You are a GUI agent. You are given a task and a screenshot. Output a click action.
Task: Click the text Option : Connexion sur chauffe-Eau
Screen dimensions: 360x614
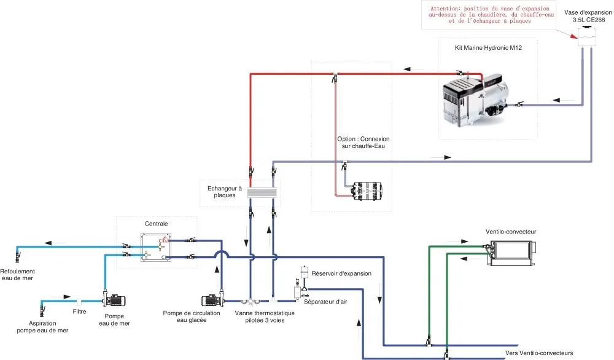(363, 143)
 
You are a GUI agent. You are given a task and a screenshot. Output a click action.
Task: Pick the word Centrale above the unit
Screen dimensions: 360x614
(156, 224)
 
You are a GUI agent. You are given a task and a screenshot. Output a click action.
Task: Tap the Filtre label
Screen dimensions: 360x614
(80, 312)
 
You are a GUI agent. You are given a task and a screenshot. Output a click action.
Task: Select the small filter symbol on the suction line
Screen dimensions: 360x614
(80, 301)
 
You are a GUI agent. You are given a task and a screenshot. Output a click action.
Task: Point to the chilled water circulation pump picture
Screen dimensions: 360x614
(212, 300)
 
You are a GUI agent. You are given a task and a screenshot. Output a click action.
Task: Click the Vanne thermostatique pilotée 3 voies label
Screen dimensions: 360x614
(265, 316)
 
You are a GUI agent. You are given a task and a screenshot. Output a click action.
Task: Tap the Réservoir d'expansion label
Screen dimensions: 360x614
(341, 273)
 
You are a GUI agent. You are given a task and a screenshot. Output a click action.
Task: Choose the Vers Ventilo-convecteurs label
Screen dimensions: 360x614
(538, 353)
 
